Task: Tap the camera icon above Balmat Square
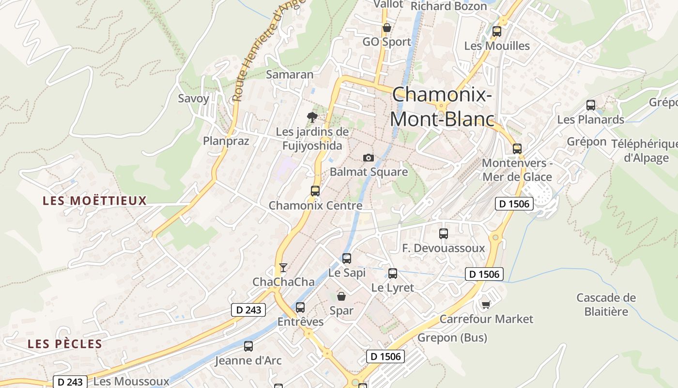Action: (369, 158)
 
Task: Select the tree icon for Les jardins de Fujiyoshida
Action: (312, 117)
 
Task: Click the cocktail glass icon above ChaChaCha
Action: (283, 267)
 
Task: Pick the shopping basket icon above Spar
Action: (341, 296)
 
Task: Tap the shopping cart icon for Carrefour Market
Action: (486, 305)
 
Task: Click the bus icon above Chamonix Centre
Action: (315, 191)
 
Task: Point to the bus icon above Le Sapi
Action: (347, 258)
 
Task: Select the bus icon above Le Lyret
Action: (393, 273)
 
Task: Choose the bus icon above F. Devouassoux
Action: (444, 233)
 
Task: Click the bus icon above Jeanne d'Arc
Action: (248, 346)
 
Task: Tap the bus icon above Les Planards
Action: (591, 105)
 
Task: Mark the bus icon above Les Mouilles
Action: (497, 32)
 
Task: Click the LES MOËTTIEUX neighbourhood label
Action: (94, 201)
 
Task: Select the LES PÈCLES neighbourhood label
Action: (65, 344)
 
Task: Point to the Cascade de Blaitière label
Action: (606, 304)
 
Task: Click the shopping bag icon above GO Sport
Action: (386, 28)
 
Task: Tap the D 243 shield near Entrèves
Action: (249, 310)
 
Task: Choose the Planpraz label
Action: (226, 141)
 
